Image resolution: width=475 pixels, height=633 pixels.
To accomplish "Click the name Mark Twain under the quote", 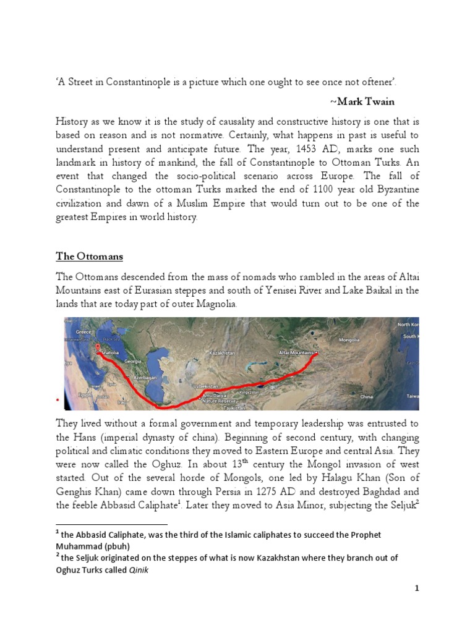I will click(x=362, y=101).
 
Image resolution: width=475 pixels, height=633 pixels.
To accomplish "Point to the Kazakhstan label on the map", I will click(x=223, y=352).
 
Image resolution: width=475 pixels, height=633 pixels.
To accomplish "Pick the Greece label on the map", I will click(x=84, y=331).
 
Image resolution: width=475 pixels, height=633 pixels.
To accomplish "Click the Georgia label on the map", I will click(x=133, y=360).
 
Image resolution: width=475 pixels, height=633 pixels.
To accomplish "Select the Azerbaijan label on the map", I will click(x=146, y=376).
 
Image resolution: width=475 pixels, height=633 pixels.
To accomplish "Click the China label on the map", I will click(x=366, y=396).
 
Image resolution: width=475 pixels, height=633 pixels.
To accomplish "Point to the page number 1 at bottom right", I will click(x=417, y=588).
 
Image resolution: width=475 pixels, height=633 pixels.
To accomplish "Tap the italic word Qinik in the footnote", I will click(x=140, y=571).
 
